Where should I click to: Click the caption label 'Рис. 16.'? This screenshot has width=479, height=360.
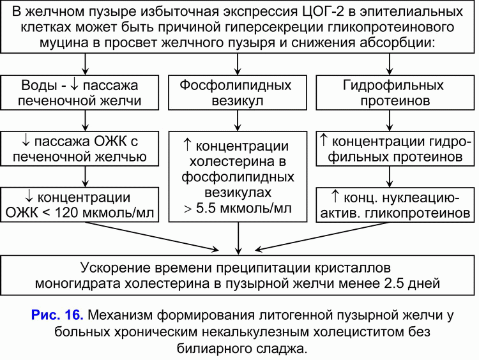(x=57, y=315)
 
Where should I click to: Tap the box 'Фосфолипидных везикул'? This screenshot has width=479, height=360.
(x=238, y=93)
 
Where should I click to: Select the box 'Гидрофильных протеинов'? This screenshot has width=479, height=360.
(x=395, y=93)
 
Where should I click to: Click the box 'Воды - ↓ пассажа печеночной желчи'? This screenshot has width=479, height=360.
(x=80, y=93)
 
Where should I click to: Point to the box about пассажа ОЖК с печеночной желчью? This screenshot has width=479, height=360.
(x=80, y=149)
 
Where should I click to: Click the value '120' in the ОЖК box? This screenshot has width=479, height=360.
(x=66, y=213)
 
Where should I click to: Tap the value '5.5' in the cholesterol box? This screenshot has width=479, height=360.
(x=206, y=208)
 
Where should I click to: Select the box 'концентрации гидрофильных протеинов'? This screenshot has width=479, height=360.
(x=395, y=149)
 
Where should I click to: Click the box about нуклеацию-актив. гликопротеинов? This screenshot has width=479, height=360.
(x=395, y=205)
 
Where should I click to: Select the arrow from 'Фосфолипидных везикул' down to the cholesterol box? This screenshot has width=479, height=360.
(x=238, y=121)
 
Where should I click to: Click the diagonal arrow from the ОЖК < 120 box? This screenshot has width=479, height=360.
(x=152, y=236)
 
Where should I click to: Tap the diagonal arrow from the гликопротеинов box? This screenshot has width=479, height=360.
(x=323, y=236)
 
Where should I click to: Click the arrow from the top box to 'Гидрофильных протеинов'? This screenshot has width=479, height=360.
(x=390, y=64)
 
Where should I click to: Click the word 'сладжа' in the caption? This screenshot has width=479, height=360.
(x=282, y=348)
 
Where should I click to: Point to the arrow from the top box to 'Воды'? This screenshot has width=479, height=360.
(x=85, y=64)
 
